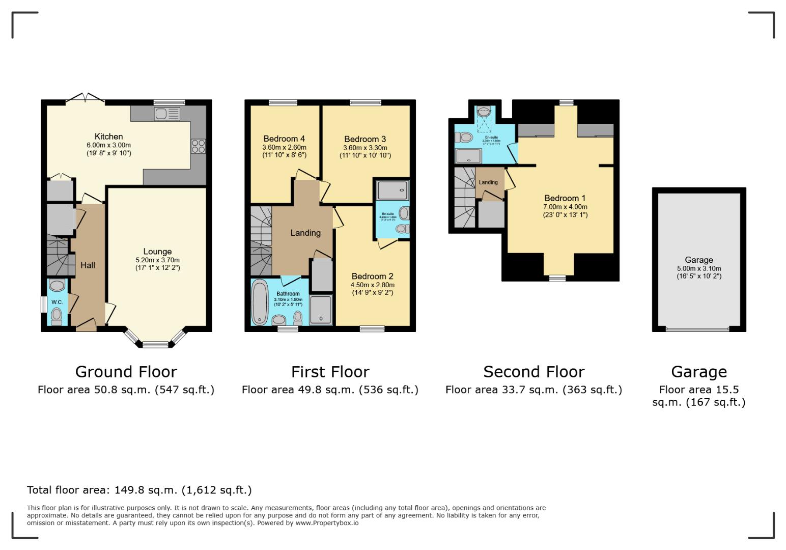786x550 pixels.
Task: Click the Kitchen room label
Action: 108,136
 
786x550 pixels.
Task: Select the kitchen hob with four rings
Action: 198,146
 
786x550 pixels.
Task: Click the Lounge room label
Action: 157,252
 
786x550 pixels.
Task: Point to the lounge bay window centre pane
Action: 155,344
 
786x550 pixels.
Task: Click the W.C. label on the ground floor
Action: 57,302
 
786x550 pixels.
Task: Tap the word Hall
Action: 88,265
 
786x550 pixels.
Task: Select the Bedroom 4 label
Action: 284,139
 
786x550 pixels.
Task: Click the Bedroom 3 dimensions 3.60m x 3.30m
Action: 365,148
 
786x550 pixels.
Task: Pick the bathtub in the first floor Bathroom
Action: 260,302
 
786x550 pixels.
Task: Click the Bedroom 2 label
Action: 372,277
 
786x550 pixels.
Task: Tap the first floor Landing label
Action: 305,233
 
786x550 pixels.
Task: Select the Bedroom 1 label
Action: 565,198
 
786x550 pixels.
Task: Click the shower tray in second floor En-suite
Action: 468,156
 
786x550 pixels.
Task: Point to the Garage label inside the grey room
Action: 698,260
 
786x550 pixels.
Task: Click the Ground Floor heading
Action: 126,372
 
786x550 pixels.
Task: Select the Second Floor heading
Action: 534,372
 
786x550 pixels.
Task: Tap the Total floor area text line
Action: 139,490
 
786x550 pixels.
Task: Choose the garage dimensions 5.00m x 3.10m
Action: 698,269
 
